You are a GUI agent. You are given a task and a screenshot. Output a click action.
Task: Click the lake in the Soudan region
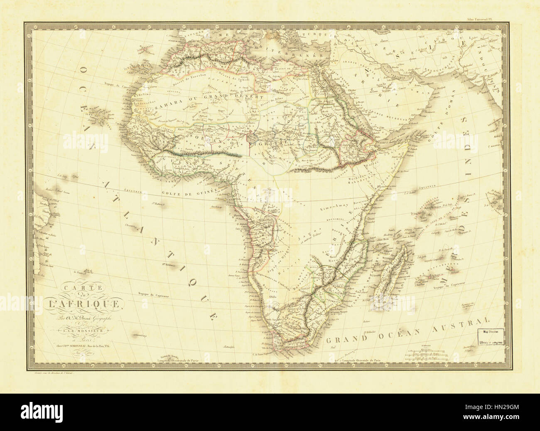coord(253,137)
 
